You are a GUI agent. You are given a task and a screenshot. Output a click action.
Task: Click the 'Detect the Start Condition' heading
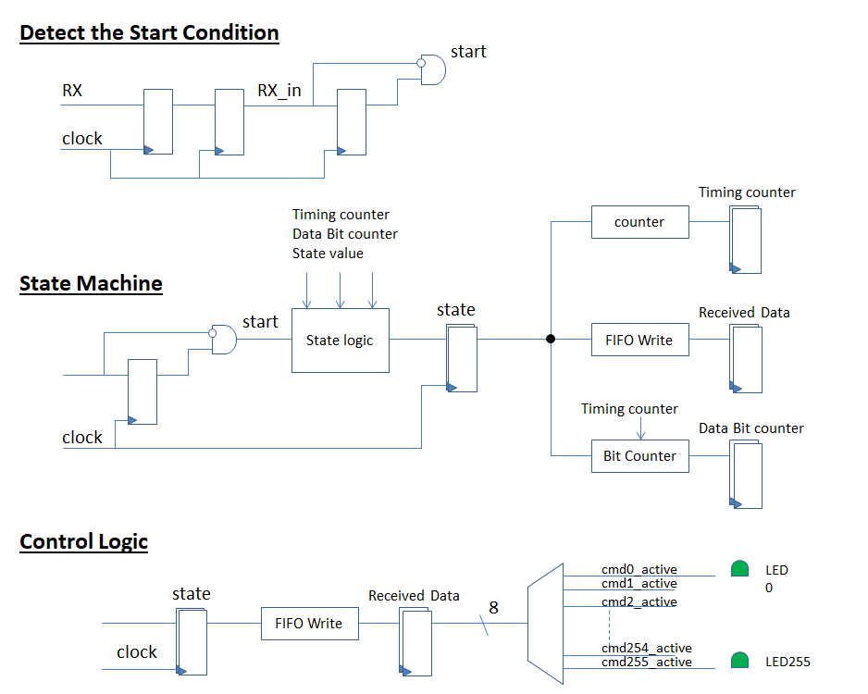(x=149, y=33)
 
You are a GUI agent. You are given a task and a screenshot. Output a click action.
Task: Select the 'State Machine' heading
(x=91, y=283)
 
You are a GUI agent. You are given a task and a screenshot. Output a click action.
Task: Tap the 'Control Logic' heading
(x=83, y=541)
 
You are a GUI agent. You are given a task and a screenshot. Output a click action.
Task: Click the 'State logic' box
(x=340, y=341)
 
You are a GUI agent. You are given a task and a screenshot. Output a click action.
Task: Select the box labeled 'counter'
(x=639, y=222)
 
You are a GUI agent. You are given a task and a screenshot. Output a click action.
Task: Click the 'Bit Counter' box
(x=639, y=456)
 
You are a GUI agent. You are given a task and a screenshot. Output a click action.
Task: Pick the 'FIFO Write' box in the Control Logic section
(x=310, y=624)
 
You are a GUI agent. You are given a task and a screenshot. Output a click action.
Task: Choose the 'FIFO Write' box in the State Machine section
(x=639, y=340)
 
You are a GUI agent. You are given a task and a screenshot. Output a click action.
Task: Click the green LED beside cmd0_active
(x=739, y=569)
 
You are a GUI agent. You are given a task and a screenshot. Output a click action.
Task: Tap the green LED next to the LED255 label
(x=739, y=661)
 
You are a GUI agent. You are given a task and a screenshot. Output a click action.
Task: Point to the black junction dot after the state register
(x=551, y=339)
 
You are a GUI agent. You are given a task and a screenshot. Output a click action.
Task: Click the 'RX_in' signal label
(x=279, y=93)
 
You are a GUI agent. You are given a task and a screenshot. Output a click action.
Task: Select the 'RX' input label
(x=72, y=91)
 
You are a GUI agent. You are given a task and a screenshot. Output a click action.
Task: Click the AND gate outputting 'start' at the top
(x=432, y=69)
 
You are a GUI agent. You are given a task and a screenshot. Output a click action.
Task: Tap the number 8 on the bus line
(x=493, y=608)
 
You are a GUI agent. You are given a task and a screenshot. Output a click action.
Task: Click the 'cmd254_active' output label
(x=646, y=648)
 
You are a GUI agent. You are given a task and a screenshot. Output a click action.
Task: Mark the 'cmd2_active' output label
(x=639, y=602)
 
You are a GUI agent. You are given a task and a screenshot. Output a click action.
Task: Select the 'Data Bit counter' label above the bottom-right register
(x=750, y=428)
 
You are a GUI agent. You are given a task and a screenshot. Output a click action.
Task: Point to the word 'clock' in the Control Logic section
(x=137, y=652)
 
